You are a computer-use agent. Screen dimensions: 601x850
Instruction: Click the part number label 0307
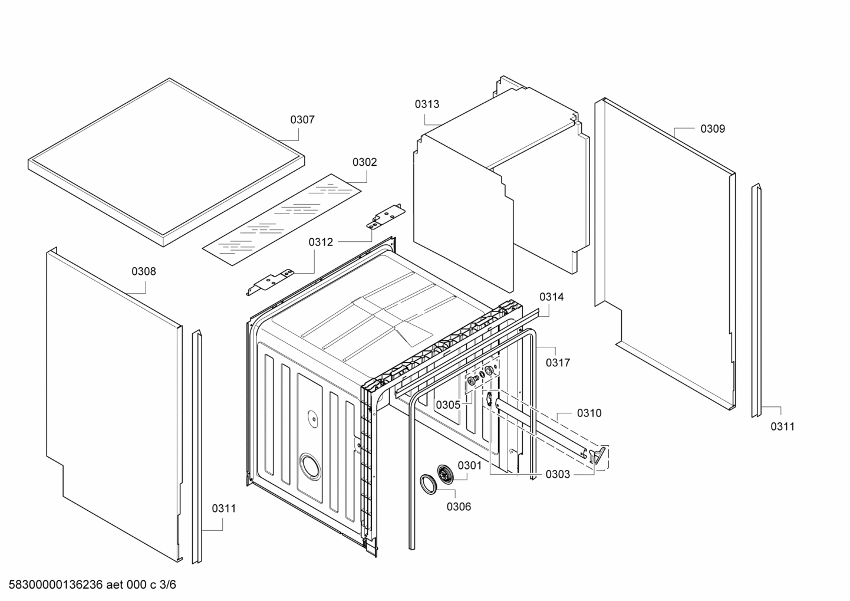click(302, 120)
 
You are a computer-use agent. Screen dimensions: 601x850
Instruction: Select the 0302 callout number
click(364, 162)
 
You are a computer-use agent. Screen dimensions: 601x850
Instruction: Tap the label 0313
click(426, 104)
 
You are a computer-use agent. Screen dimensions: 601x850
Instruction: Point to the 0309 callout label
click(712, 129)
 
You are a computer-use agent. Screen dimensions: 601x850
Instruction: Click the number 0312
click(321, 242)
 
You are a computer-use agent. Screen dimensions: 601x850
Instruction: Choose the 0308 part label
click(143, 271)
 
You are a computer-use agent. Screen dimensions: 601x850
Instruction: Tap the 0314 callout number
click(551, 297)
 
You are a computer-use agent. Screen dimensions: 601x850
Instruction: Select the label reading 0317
click(557, 363)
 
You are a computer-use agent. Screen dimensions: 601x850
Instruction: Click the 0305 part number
click(447, 405)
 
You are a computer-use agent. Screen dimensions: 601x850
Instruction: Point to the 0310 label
click(589, 413)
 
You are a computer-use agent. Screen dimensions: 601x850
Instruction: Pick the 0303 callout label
click(557, 474)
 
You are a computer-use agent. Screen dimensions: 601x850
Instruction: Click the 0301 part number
click(469, 465)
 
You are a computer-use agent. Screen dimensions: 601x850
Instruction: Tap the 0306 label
click(459, 506)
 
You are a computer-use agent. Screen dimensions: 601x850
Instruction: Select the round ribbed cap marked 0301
click(446, 474)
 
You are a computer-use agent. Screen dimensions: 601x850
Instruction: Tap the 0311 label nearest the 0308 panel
click(224, 508)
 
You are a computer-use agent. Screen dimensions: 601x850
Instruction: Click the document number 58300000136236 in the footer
click(57, 585)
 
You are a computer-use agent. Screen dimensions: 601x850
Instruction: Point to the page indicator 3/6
click(167, 585)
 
